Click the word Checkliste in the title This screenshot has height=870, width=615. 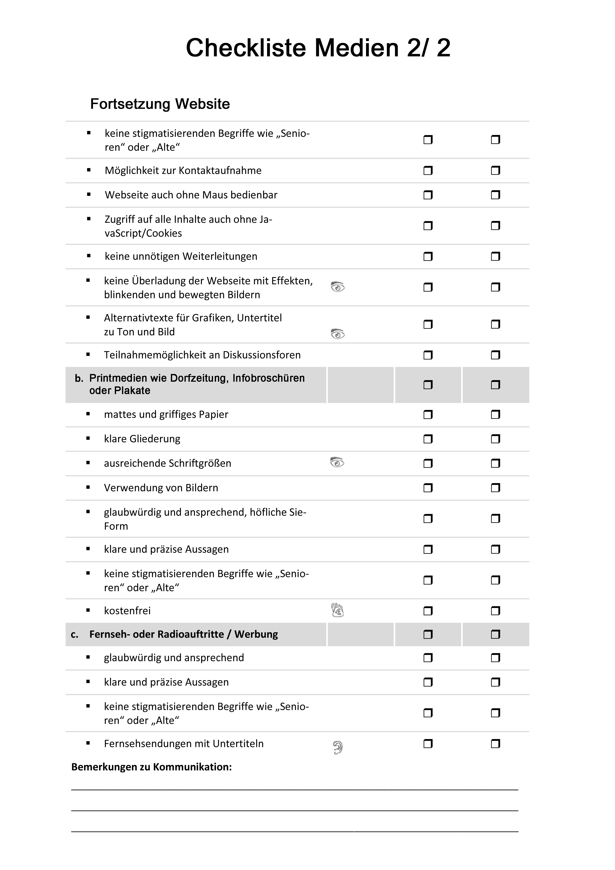(246, 48)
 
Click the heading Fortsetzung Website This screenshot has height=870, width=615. (160, 104)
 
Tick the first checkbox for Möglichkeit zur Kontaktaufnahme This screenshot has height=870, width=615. (428, 171)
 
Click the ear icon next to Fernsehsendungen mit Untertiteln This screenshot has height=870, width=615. (338, 747)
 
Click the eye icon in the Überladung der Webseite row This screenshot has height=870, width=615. (338, 287)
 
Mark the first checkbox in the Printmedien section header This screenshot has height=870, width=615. (428, 385)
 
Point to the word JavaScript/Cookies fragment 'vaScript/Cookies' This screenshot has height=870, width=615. (143, 233)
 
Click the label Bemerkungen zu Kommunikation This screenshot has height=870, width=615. (152, 767)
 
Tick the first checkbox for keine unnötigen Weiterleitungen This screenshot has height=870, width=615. (428, 256)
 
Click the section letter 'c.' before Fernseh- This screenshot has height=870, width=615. (75, 634)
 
